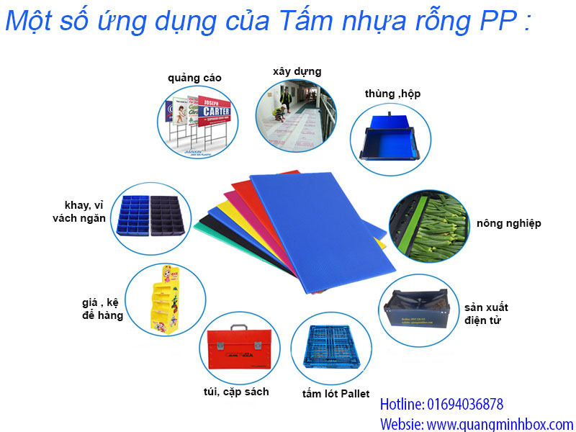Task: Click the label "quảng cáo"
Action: (x=194, y=78)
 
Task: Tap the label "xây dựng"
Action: (x=297, y=71)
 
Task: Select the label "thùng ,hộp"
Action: (x=392, y=94)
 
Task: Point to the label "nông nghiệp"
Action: (x=508, y=223)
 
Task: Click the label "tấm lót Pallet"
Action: (x=336, y=394)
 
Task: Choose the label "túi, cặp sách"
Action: (x=236, y=392)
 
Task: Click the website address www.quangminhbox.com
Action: (x=504, y=424)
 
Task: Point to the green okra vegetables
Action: (x=432, y=223)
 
